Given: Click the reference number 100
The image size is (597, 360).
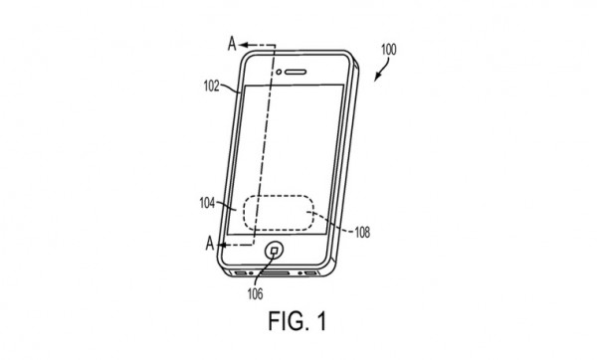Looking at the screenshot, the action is point(388,50).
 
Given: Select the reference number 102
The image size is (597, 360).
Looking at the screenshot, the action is point(211,87).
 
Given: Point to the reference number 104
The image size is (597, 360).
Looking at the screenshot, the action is point(207,203).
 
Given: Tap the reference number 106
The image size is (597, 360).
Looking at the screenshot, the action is point(255,293).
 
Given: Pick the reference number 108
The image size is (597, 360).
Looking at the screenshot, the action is point(362,232).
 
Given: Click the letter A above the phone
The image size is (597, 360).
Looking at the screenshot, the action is point(232,44).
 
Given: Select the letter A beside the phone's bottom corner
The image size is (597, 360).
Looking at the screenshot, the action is point(210,244).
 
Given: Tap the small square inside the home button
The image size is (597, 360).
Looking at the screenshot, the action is point(275,251).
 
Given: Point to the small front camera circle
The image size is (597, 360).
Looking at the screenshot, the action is point(279,72).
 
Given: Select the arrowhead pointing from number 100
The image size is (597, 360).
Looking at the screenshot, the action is point(376,78).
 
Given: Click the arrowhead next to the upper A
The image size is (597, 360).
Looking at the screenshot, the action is point(244,45).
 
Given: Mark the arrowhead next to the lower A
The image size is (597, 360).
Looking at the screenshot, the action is point(221,245).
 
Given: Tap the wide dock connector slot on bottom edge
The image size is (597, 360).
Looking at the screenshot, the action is point(275,273).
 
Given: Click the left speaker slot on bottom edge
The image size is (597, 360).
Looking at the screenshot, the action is point(241,272).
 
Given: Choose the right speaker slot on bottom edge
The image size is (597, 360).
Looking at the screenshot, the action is point(310,273).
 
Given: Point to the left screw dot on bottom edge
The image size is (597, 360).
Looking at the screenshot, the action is point(251,273).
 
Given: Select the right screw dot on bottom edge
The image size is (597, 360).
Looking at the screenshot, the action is point(300,273).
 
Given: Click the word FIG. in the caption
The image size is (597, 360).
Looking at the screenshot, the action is point(288,321).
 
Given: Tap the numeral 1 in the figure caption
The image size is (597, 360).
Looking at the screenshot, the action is point(321,321).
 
